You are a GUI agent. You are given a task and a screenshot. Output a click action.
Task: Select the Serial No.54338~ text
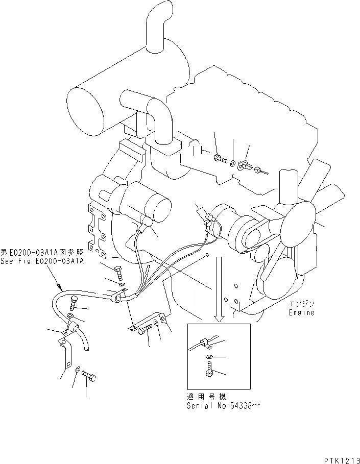pyautogui.click(x=223, y=406)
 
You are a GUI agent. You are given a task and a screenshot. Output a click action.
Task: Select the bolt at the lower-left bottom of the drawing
pyautogui.click(x=89, y=377)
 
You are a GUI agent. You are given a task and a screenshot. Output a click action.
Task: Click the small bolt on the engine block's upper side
pyautogui.click(x=221, y=159)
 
